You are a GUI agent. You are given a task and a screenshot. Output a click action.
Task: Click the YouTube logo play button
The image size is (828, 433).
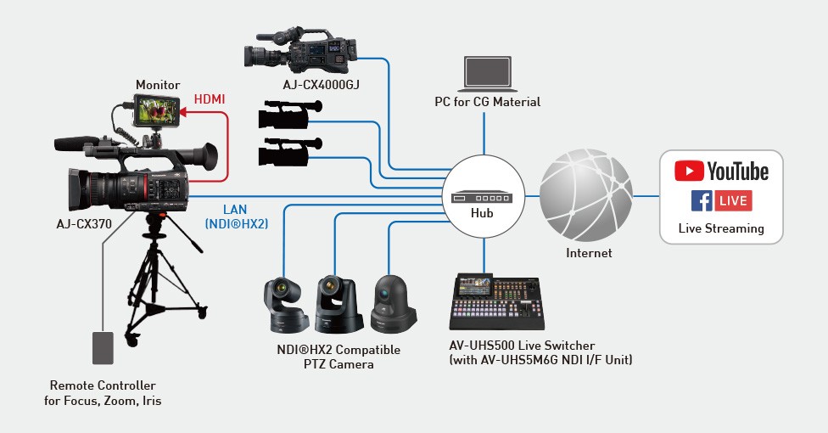[x=689, y=171]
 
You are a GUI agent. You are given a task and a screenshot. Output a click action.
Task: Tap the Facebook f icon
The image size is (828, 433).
[x=701, y=201]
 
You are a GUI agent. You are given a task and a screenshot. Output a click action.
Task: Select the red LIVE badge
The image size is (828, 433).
[x=733, y=201]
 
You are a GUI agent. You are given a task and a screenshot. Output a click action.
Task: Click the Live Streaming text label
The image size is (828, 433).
[x=721, y=228]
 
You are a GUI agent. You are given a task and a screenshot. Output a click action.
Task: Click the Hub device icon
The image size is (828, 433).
[x=482, y=196]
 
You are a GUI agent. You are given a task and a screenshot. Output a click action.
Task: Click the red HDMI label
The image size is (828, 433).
[x=210, y=99]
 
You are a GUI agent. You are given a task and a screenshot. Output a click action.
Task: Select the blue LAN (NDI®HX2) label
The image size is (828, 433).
[x=236, y=216]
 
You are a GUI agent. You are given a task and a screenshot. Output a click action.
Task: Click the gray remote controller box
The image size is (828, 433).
[x=103, y=350]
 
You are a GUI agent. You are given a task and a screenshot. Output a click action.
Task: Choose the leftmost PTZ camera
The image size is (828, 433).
[x=284, y=304]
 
